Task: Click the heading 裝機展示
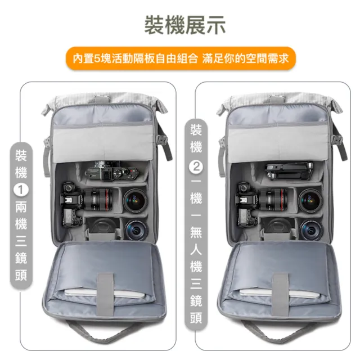pyautogui.click(x=185, y=25)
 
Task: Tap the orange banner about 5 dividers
pyautogui.click(x=181, y=58)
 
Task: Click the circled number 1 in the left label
pyautogui.click(x=21, y=190)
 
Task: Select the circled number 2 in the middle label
pyautogui.click(x=196, y=166)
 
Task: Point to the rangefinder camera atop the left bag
pyautogui.click(x=111, y=172)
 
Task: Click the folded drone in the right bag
pyautogui.click(x=289, y=171)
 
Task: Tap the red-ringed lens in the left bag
pyautogui.click(x=97, y=200)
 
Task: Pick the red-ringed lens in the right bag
pyautogui.click(x=273, y=200)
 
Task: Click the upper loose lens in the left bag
pyautogui.click(x=136, y=200)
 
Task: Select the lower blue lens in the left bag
pyautogui.click(x=136, y=230)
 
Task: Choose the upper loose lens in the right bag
pyautogui.click(x=310, y=200)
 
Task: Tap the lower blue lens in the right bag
pyautogui.click(x=311, y=230)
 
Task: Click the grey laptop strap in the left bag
pyautogui.click(x=105, y=294)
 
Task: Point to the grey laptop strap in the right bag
pyautogui.click(x=280, y=294)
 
